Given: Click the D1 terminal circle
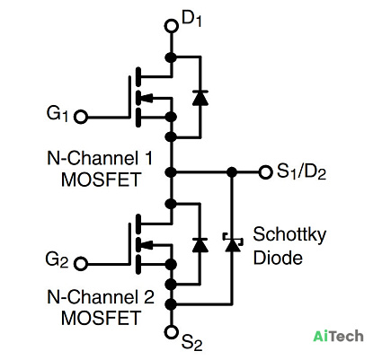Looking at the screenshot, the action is coord(172,26).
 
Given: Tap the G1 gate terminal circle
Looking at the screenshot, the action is coord(81,117).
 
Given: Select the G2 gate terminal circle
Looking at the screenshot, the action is coord(81,264).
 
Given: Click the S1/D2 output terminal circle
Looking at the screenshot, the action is coord(265,172).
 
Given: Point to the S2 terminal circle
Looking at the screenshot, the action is coord(172,332).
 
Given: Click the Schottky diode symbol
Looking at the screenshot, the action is coord(232,241).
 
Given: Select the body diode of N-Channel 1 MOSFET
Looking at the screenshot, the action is coord(200,98).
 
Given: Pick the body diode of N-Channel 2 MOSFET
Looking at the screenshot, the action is coord(200,245).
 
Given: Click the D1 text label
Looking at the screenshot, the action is coord(191,20).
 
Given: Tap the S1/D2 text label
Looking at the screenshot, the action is coord(301,172).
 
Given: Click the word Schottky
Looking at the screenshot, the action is coord(289,235).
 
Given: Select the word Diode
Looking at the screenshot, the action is coord(278,258).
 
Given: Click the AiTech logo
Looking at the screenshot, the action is coord(338,336).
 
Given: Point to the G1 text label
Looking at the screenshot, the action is coord(58,115).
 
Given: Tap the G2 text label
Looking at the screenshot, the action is coord(57,260).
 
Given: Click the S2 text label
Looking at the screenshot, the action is coord(192,343).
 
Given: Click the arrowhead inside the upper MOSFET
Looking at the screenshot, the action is coord(147,98).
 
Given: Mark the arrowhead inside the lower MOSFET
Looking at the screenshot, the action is coord(147,245).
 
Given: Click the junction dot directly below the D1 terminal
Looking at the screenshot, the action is coord(171,57).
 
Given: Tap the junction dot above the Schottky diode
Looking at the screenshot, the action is coord(232,172).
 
